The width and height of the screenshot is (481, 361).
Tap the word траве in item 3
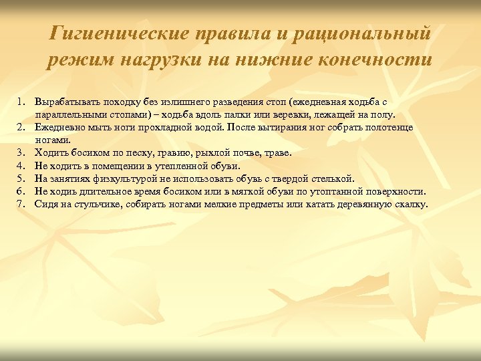coord(279,152)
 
